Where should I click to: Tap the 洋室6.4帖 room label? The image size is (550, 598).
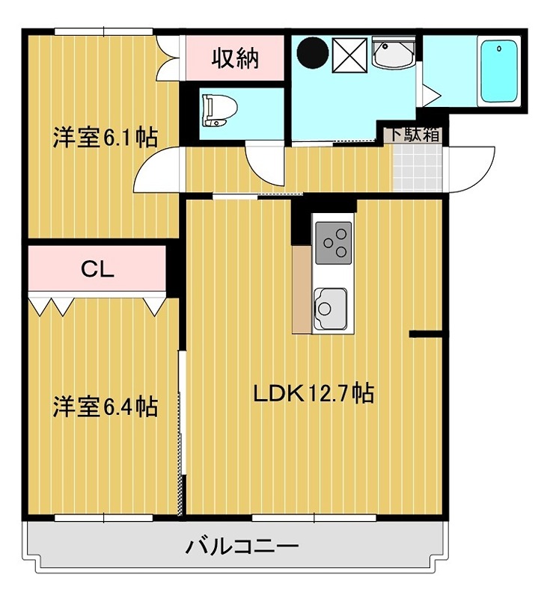[x=104, y=407]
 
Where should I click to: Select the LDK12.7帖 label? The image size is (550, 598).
[x=314, y=392]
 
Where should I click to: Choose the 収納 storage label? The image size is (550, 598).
[x=234, y=58]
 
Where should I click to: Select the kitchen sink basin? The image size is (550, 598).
[x=331, y=307]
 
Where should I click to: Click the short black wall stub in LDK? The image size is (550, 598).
[x=427, y=334]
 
